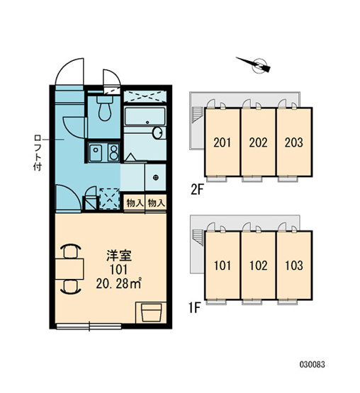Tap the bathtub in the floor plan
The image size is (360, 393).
coord(145,117)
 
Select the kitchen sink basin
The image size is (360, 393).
coord(96,153)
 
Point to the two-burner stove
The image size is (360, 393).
coord(113,152)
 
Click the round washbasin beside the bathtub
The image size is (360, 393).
coord(158,133)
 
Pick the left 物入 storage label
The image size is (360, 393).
coord(135,203)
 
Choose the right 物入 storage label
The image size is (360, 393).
coord(157,203)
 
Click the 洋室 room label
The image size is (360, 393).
coord(119,256)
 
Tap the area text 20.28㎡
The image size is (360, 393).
coord(118,284)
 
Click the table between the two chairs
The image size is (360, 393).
coord(69,269)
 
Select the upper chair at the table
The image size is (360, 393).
coord(71,251)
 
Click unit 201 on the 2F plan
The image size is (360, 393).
coord(223,142)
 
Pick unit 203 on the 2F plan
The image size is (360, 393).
coord(294,142)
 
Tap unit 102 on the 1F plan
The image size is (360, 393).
coord(259,266)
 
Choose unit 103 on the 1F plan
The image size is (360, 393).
coord(294,266)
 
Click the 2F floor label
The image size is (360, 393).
coord(197,190)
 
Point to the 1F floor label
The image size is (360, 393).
coord(195,308)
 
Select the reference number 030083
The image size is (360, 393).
coord(313,364)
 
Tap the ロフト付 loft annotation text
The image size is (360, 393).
coord(38,153)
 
